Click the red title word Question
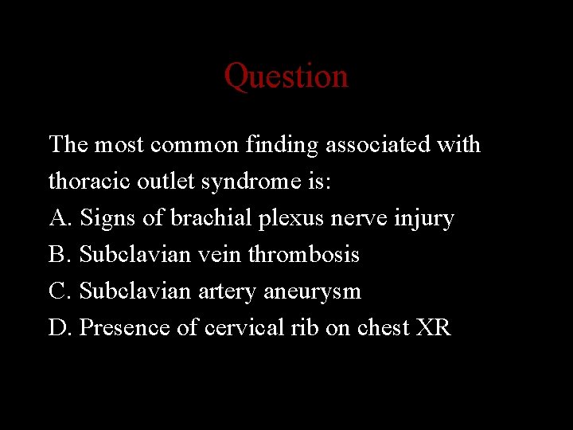click(x=286, y=76)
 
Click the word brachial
click(x=202, y=218)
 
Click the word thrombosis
click(x=303, y=255)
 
